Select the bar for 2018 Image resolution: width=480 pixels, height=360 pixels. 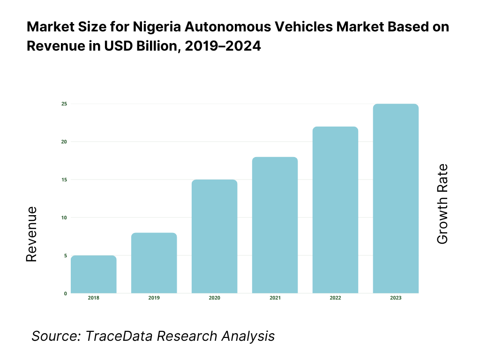(94, 275)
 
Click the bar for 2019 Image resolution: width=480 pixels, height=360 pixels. (154, 263)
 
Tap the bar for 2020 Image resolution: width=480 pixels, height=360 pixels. (215, 237)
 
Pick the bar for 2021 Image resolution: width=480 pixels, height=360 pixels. (275, 225)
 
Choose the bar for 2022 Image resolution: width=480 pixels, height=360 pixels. (335, 210)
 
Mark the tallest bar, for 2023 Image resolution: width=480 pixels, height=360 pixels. (396, 199)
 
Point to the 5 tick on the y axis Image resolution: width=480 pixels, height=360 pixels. (65, 255)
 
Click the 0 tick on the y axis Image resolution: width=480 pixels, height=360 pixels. (65, 293)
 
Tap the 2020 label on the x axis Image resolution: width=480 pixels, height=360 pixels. (215, 298)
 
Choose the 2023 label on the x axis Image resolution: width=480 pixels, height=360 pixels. (396, 298)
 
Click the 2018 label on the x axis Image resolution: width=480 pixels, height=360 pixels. (94, 298)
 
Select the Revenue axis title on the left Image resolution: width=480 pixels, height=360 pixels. (31, 234)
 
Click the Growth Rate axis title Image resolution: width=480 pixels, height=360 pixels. (442, 204)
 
